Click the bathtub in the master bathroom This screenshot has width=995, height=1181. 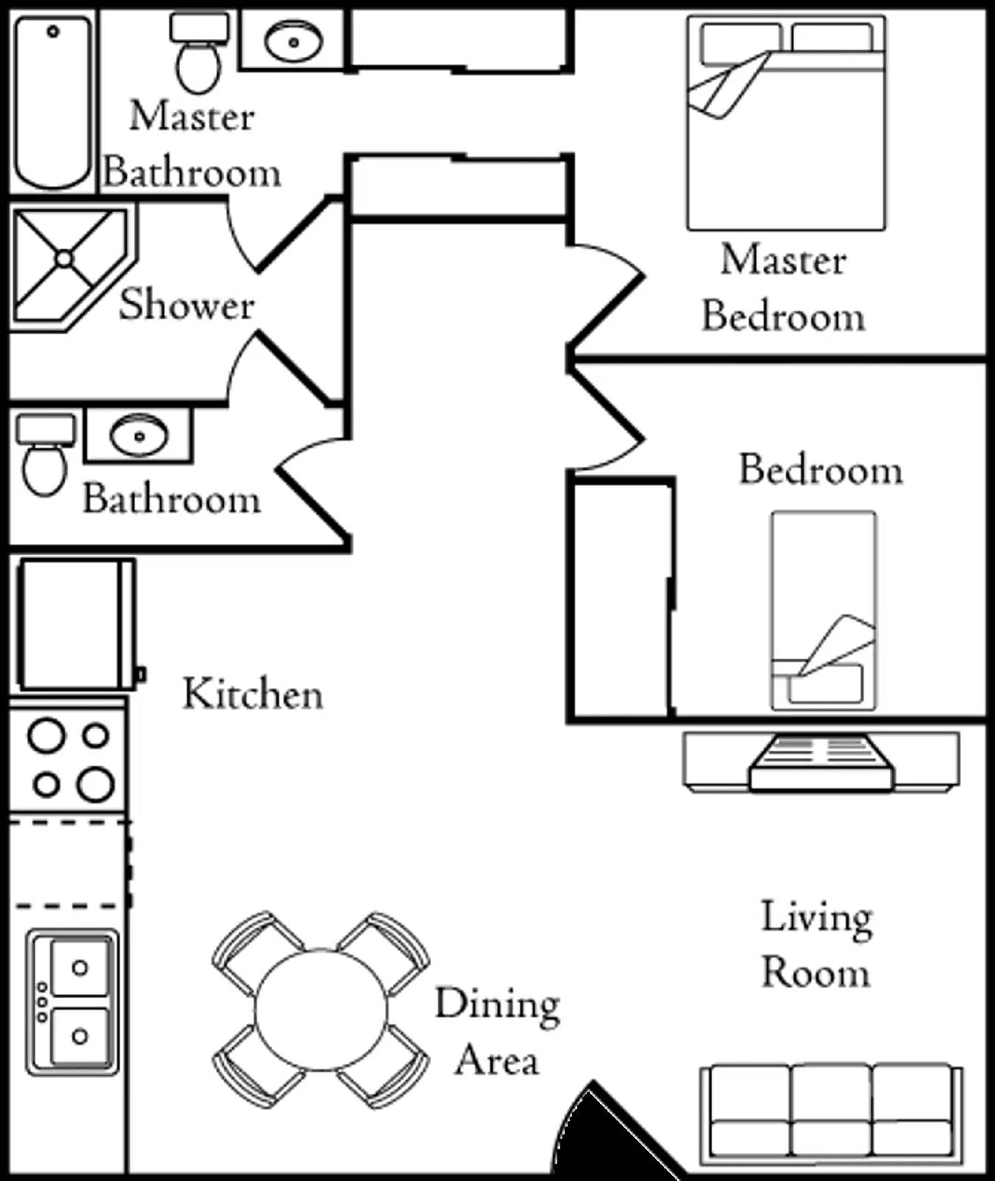coord(53,103)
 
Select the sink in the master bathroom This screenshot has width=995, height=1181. coord(293,41)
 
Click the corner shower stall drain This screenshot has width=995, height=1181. coord(64,259)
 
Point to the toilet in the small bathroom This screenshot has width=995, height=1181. coord(45,458)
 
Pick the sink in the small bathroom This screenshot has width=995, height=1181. coord(139,435)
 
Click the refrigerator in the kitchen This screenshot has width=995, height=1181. coord(74,624)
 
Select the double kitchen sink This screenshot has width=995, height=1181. coord(72,1001)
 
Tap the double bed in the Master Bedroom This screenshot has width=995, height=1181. coord(786,125)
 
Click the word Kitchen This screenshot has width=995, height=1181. coord(253,695)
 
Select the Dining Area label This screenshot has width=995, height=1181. coord(497,1032)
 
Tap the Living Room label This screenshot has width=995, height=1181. coord(816,945)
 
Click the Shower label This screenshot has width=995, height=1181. coord(187,305)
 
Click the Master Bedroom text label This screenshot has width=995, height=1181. coord(783,289)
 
